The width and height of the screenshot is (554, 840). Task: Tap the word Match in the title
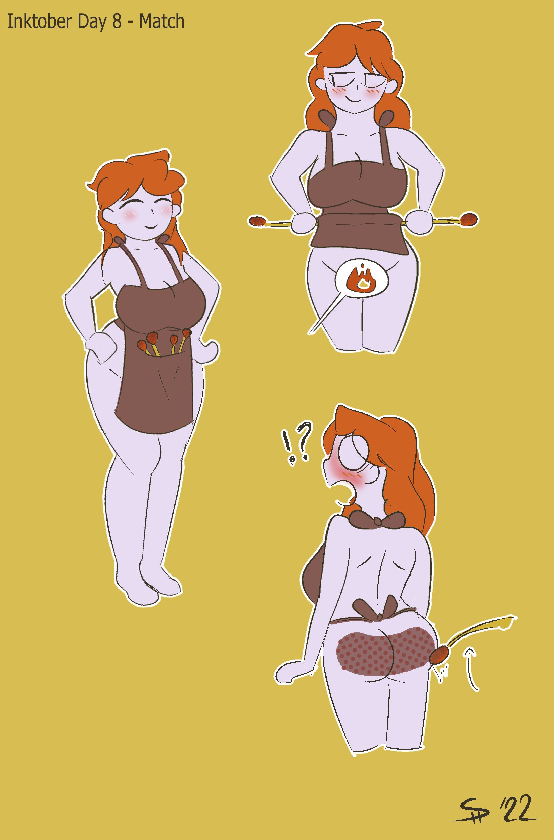(162, 22)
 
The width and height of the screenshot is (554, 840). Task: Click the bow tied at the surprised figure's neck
(377, 520)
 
